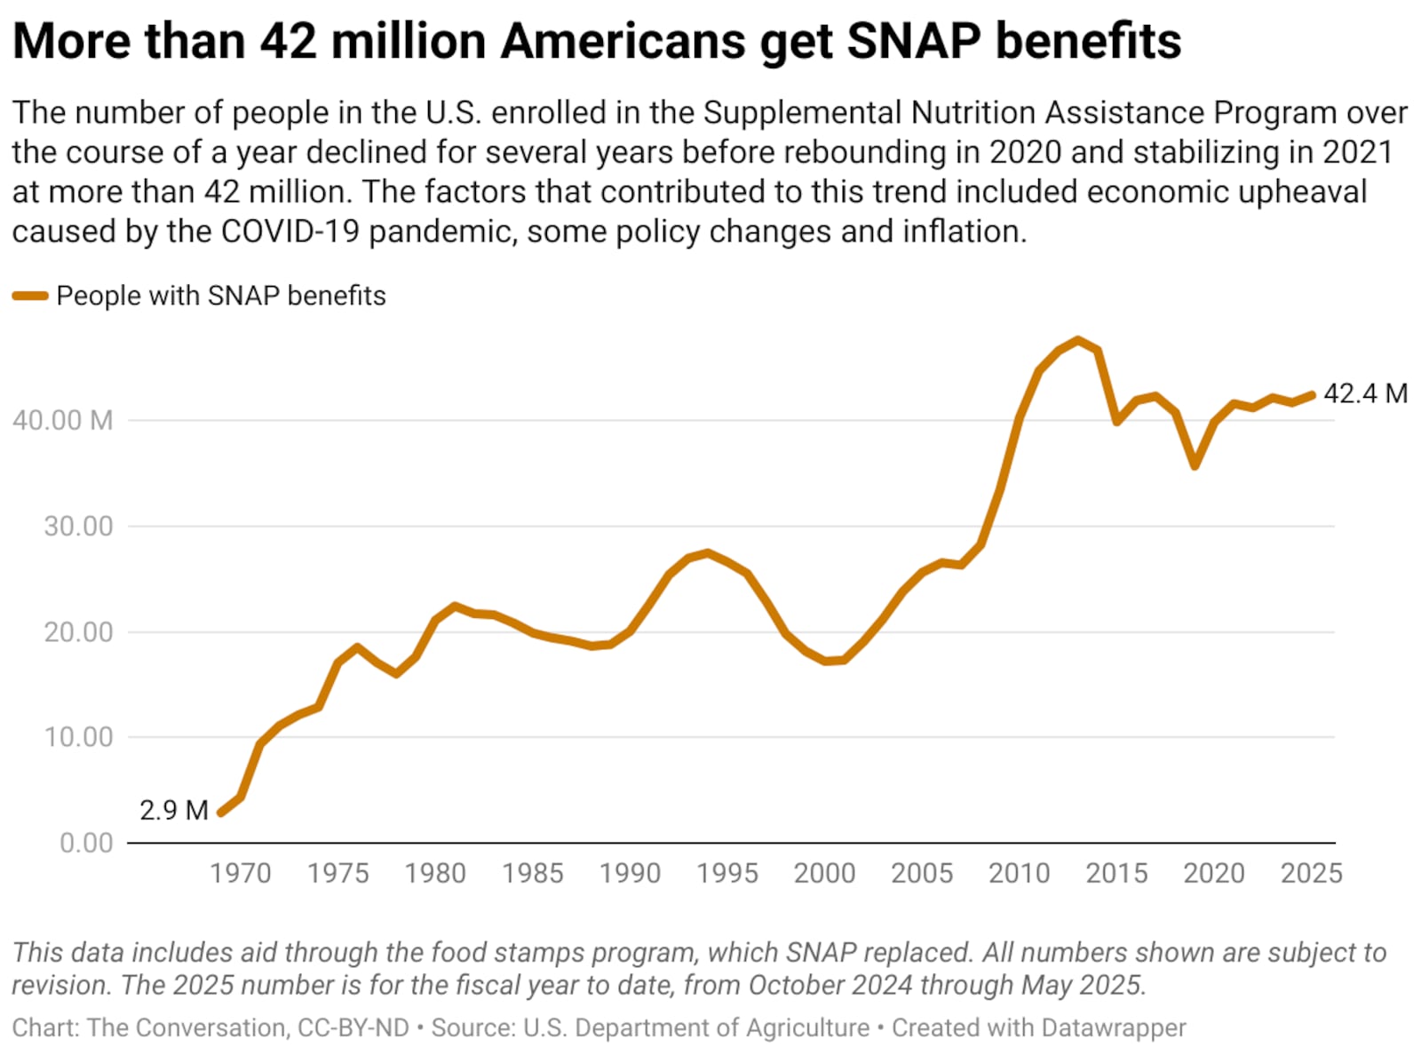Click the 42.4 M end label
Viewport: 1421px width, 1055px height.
point(1365,393)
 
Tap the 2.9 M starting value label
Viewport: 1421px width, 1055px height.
point(174,810)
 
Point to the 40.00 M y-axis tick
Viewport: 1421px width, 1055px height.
point(62,420)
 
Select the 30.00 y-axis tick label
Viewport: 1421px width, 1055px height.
point(78,526)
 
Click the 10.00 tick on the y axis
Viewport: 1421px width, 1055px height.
point(78,737)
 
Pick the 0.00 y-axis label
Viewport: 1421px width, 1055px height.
point(86,843)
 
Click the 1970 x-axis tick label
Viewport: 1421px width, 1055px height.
point(240,873)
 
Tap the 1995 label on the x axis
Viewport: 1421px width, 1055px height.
point(726,873)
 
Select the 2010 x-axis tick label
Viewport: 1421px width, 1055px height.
point(1019,873)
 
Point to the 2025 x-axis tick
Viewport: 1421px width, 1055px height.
point(1311,873)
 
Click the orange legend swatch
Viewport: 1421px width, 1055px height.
point(30,296)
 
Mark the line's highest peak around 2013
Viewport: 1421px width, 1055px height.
point(1078,340)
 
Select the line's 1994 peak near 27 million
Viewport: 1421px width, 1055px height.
point(707,552)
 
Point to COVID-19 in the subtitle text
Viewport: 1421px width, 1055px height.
point(290,231)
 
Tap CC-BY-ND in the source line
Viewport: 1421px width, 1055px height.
point(353,1027)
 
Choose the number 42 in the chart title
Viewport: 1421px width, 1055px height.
point(288,41)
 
